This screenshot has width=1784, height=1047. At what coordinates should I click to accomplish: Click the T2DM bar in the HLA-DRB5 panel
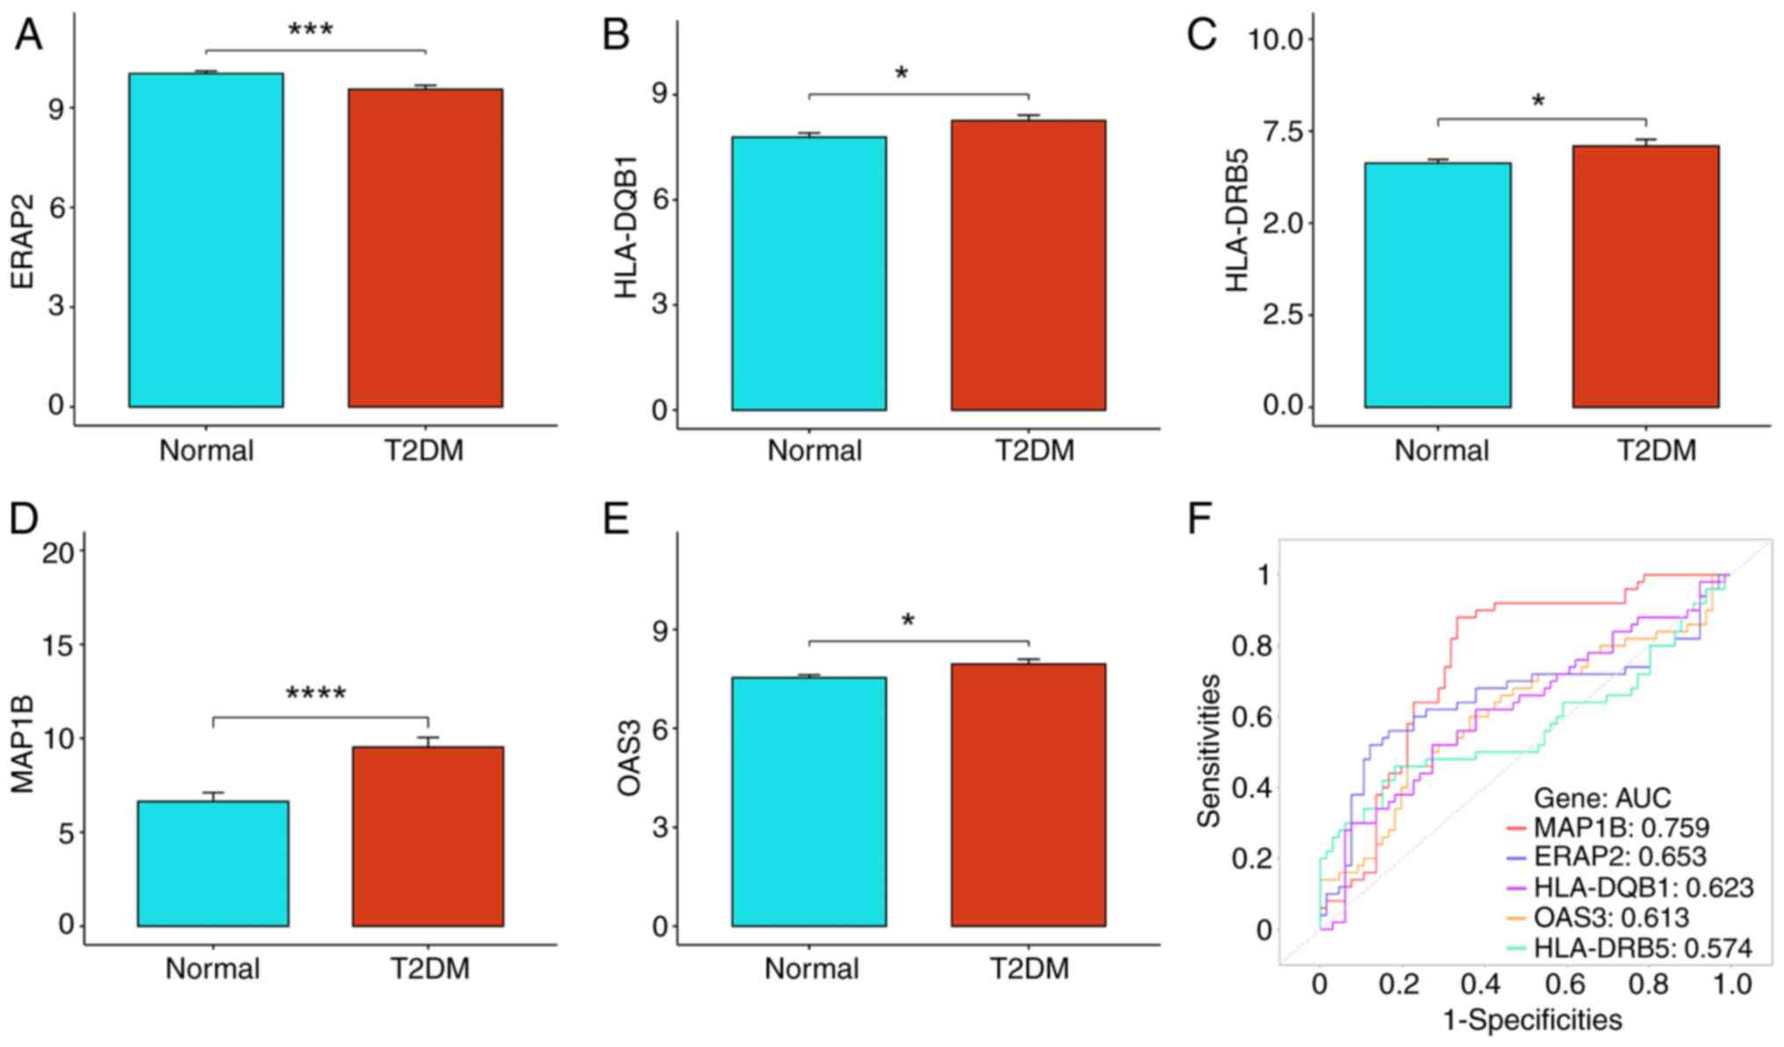pyautogui.click(x=1645, y=276)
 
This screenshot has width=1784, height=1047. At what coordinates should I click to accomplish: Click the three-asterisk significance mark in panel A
pyautogui.click(x=311, y=31)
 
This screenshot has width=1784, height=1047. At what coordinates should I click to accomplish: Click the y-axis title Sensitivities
pyautogui.click(x=1210, y=750)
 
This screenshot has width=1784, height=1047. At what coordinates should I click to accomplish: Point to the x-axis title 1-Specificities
pyautogui.click(x=1532, y=1020)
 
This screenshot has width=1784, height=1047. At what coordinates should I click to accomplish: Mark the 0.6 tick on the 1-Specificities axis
pyautogui.click(x=1567, y=984)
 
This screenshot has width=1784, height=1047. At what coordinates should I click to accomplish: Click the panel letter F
pyautogui.click(x=1199, y=520)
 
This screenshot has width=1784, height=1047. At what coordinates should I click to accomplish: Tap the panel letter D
pyautogui.click(x=24, y=520)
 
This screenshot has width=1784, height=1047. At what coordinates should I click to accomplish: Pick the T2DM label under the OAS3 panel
pyautogui.click(x=1030, y=969)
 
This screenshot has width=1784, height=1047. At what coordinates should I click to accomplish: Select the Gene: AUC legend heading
pyautogui.click(x=1601, y=798)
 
